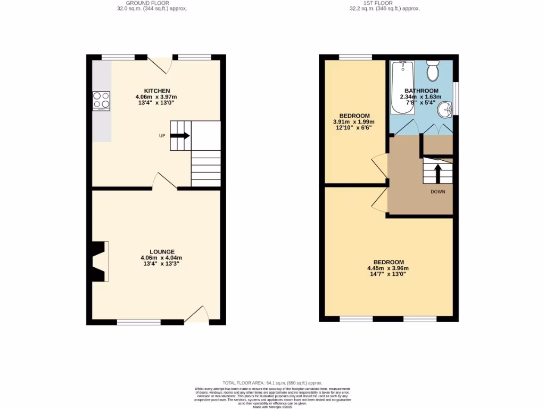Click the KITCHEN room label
pos(156,91)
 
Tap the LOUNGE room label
pos(162,251)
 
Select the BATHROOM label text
pos(421,91)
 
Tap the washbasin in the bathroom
pos(445,111)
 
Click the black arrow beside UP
pos(180,135)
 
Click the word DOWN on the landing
pos(438,192)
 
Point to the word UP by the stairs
pos(162,136)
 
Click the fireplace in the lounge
pos(100,261)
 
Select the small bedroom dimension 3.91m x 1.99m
pos(354,121)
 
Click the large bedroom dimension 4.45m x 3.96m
pos(388,268)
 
